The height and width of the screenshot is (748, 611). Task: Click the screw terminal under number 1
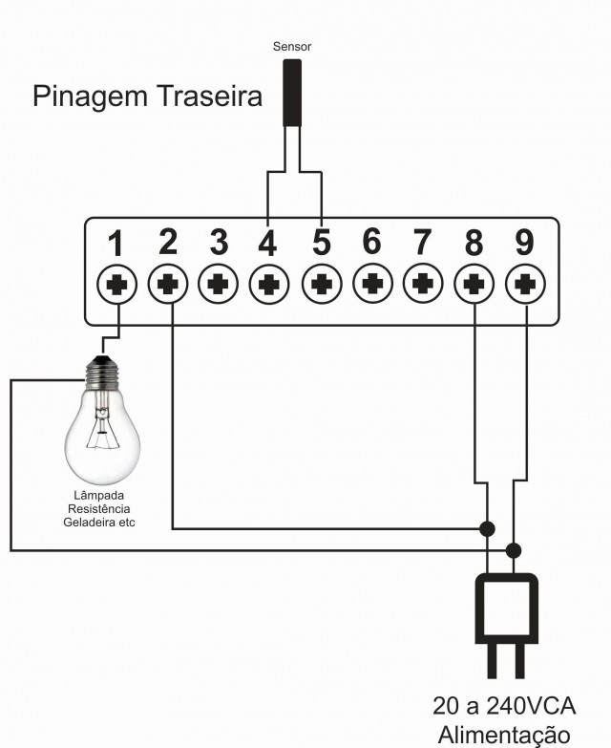point(116,285)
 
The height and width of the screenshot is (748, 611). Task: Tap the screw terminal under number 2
point(168,284)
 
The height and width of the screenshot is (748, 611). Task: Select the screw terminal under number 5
point(322,285)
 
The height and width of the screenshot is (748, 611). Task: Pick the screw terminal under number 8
point(474,285)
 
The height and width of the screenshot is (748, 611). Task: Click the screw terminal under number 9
point(525,285)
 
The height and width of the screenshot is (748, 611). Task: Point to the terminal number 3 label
point(219,242)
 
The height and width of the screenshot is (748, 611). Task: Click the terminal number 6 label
point(371,241)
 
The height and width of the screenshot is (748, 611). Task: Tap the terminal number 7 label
point(422,242)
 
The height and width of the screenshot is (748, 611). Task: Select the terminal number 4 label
point(267,243)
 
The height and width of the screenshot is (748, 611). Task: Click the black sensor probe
point(292,93)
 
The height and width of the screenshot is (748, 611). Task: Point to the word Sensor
point(292,46)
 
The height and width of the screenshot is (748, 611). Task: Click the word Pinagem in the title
point(91,97)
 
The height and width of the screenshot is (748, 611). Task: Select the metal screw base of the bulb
point(101,373)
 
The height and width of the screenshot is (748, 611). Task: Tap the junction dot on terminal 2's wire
point(487,528)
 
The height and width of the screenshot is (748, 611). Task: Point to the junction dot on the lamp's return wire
point(513,550)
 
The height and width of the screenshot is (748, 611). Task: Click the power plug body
point(507,609)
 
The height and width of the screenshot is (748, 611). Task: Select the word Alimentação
point(504,737)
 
